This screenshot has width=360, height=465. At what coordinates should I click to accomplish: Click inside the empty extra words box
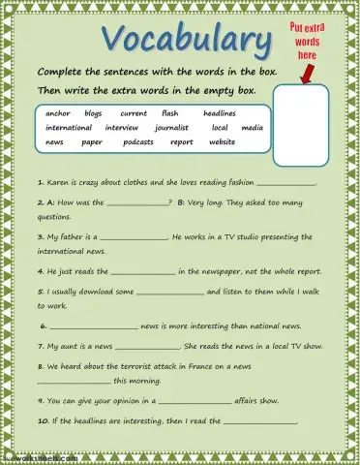coord(301,126)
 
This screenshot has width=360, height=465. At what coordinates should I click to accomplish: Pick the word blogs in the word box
coord(94,113)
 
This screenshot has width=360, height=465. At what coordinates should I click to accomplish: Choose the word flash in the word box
coord(169,113)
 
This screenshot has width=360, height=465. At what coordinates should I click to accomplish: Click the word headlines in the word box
coord(220,113)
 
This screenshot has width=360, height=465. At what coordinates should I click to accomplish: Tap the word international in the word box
coord(69,128)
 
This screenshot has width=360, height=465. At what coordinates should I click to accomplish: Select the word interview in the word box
coord(122,128)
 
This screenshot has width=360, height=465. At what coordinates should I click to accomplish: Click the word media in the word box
coord(252,128)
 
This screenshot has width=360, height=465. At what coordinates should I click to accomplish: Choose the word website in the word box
coord(223,142)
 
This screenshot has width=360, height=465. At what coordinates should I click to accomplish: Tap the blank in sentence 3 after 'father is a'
coord(134,238)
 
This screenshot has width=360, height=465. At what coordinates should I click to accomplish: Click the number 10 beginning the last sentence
coord(42,421)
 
